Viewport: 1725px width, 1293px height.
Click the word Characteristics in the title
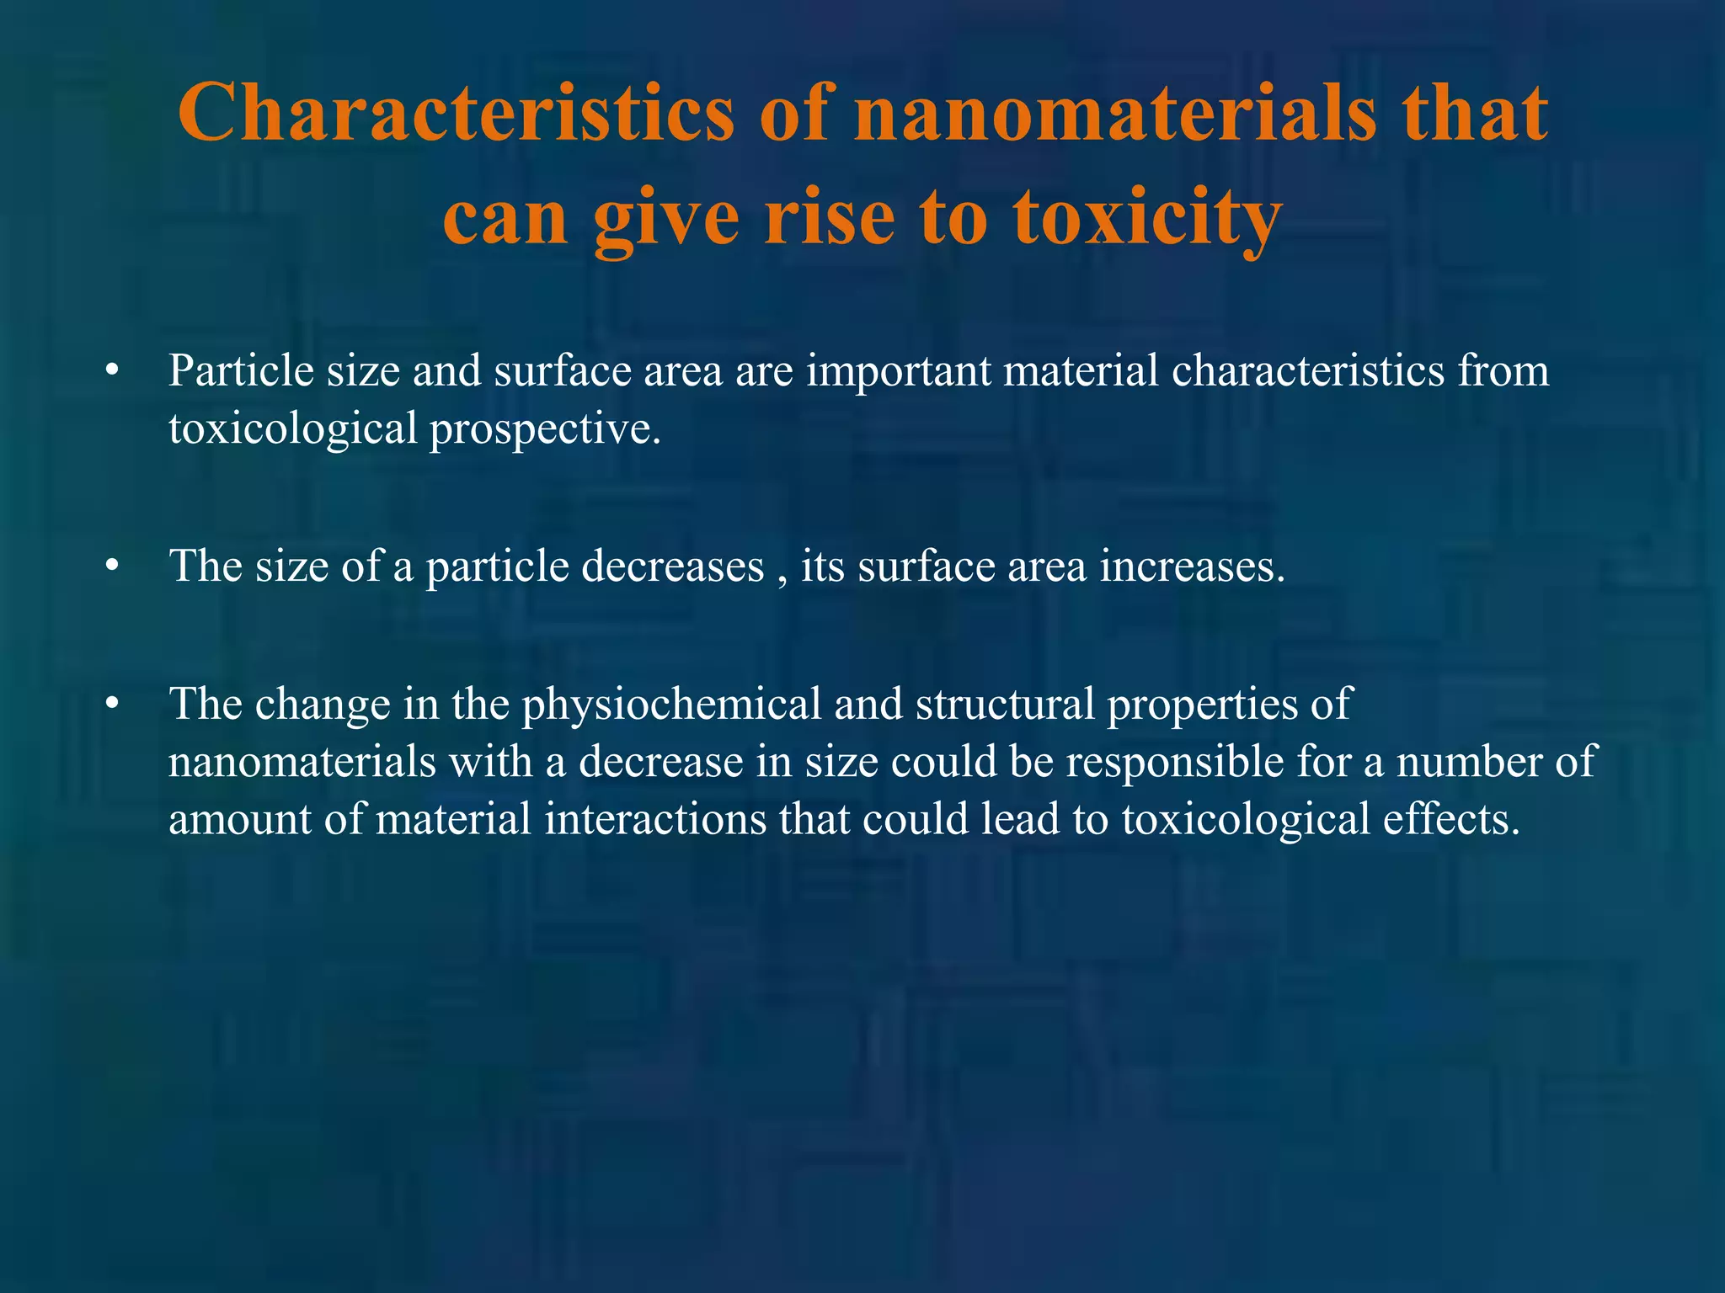[455, 114]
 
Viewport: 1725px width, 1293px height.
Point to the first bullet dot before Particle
[113, 372]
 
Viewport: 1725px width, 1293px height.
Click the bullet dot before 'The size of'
[113, 567]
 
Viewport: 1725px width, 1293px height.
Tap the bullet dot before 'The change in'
[113, 705]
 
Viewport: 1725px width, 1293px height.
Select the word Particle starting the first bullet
[241, 370]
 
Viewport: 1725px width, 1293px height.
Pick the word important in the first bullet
[898, 370]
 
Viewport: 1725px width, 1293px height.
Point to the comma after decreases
[782, 579]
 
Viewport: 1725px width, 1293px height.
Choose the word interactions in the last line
[655, 819]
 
